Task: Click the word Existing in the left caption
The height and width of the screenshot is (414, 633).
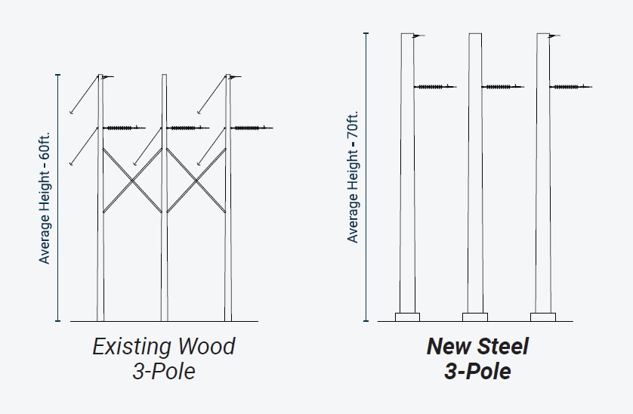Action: [x=130, y=347]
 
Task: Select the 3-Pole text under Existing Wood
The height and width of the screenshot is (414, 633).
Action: [x=163, y=372]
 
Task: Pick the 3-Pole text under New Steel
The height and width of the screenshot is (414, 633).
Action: [x=477, y=372]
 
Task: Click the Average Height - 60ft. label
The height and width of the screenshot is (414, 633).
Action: [x=45, y=198]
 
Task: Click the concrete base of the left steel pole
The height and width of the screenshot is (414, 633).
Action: [x=407, y=317]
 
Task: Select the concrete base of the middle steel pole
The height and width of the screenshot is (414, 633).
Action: [x=475, y=317]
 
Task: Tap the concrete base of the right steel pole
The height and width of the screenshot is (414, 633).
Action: [x=543, y=317]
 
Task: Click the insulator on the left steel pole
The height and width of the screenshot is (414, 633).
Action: [x=434, y=87]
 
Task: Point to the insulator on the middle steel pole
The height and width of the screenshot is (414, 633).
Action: [x=502, y=87]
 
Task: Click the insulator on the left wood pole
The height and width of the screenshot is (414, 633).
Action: [x=122, y=128]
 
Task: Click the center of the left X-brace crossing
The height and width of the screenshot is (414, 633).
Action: [x=132, y=180]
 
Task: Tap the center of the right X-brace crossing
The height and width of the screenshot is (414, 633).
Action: [x=196, y=180]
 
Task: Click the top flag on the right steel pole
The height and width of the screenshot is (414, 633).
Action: [x=554, y=36]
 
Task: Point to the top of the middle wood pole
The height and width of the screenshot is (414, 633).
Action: [x=164, y=76]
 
